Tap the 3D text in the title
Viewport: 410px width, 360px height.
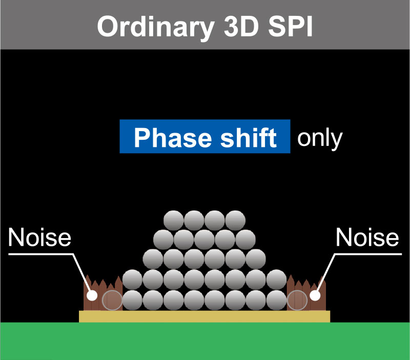[241, 26]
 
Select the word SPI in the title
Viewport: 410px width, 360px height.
[290, 26]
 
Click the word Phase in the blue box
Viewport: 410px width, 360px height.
[173, 138]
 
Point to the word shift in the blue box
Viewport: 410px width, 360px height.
[249, 137]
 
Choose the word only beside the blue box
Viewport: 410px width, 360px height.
[320, 139]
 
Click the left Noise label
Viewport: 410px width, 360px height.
[39, 237]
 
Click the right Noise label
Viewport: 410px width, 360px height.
[367, 237]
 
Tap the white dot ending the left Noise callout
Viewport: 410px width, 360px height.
[92, 295]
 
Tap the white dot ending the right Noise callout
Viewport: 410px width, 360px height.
[315, 295]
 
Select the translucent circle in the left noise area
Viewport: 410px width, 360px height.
[112, 300]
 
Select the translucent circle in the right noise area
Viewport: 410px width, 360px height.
[297, 300]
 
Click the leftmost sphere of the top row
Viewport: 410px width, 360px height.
[174, 221]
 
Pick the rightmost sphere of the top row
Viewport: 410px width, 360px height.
[235, 221]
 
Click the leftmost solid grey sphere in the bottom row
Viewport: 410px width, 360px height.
[132, 300]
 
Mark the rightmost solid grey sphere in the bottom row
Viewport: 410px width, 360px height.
[277, 300]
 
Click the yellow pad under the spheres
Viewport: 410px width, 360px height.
[204, 316]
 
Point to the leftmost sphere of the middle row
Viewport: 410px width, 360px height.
[153, 259]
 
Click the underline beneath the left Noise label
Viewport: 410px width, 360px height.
[40, 254]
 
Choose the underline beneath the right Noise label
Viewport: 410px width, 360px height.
[368, 254]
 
